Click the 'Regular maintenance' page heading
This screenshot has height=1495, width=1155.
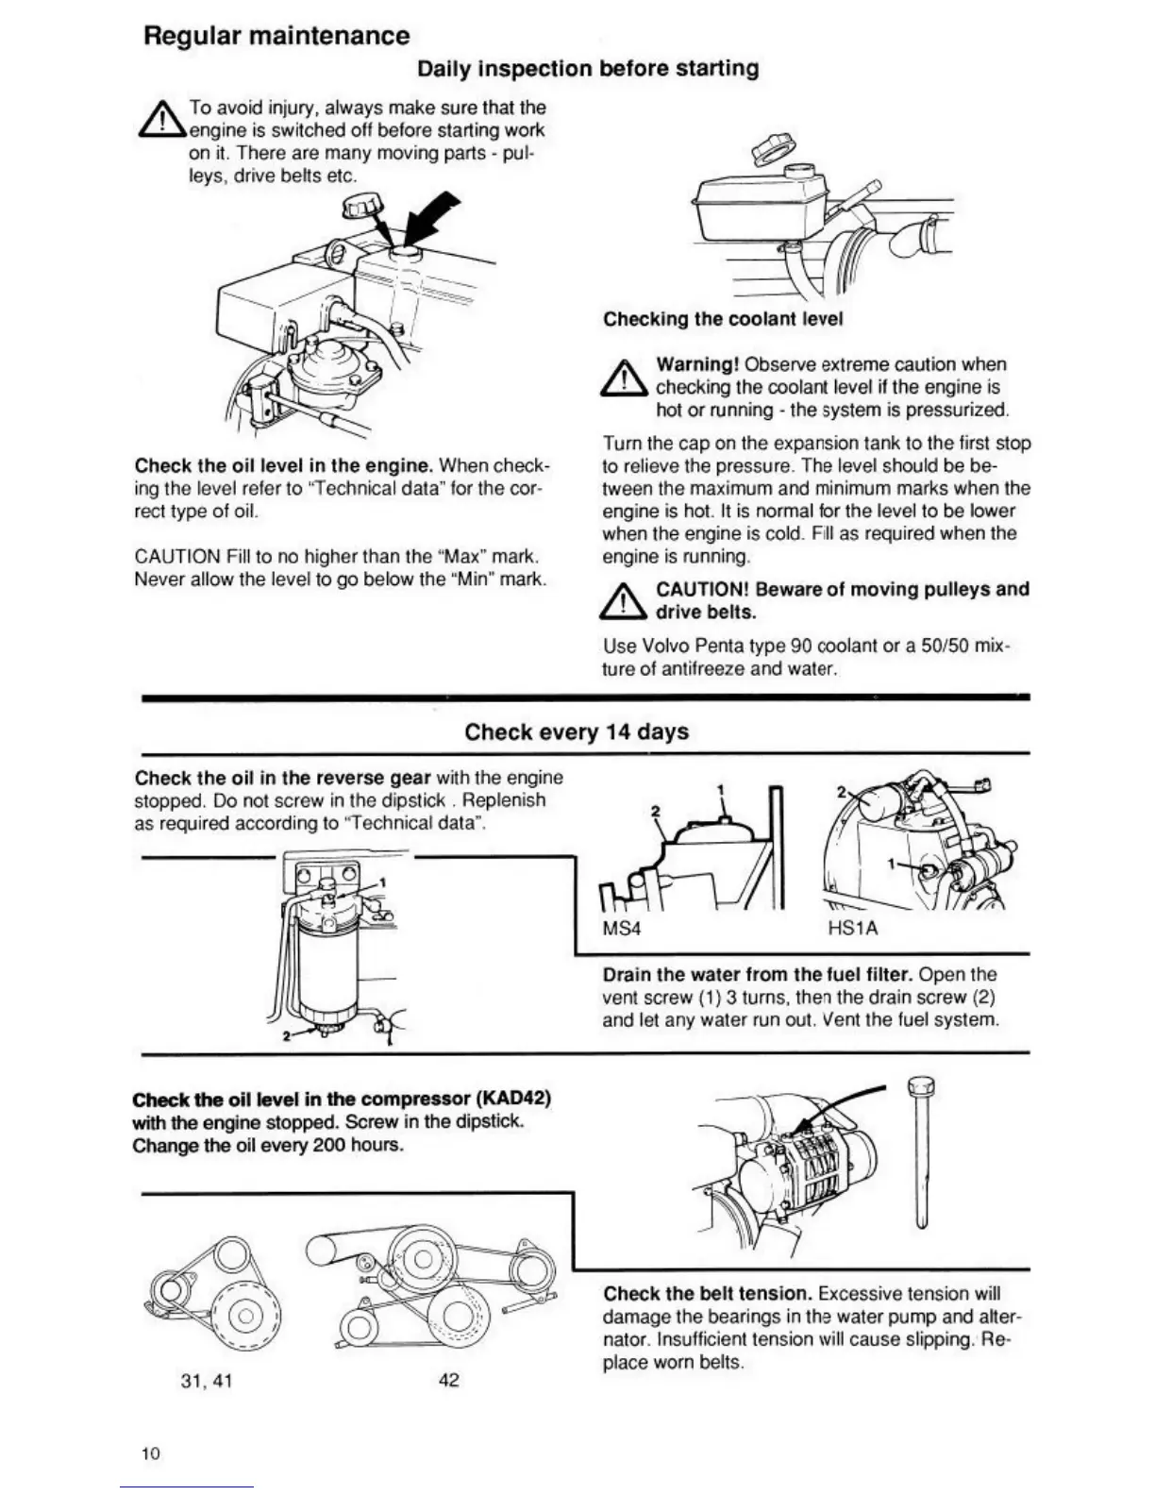click(x=276, y=36)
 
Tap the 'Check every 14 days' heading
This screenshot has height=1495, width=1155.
click(x=577, y=732)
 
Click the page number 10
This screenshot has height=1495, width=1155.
click(x=151, y=1453)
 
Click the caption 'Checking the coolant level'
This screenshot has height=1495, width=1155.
click(x=723, y=319)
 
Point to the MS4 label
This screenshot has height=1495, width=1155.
click(x=621, y=928)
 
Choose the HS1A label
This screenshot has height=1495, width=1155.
click(x=852, y=928)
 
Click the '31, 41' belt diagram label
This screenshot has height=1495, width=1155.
click(x=206, y=1381)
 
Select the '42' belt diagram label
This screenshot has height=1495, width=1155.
click(x=449, y=1380)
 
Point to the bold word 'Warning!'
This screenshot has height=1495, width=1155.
click(x=697, y=364)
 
